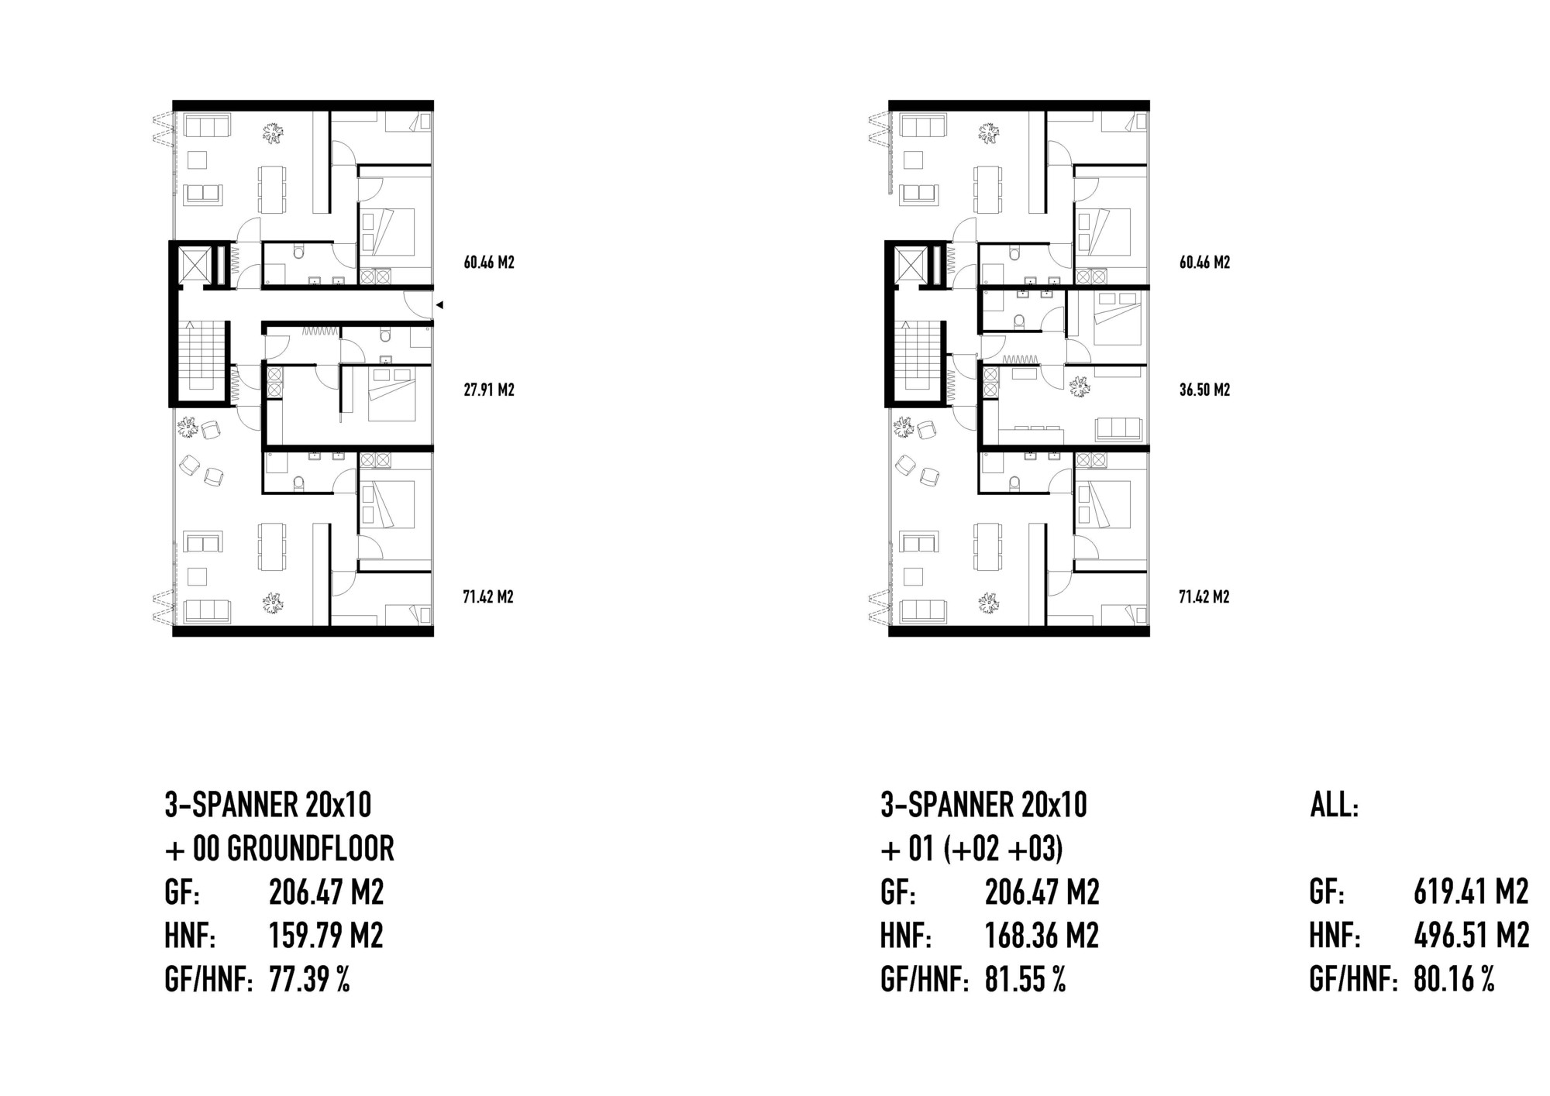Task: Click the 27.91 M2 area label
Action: pyautogui.click(x=489, y=390)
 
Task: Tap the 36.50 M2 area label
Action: pyautogui.click(x=1205, y=390)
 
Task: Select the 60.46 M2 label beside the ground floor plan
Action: pyautogui.click(x=489, y=263)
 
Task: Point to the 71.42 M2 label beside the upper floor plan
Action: pyautogui.click(x=1205, y=597)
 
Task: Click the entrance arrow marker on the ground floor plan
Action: pyautogui.click(x=439, y=305)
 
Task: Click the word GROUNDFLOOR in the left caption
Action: pyautogui.click(x=310, y=849)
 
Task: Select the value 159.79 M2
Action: pyautogui.click(x=326, y=936)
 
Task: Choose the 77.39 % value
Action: pyautogui.click(x=309, y=980)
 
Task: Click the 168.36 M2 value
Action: pyautogui.click(x=1042, y=936)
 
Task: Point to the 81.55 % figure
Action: pyautogui.click(x=1025, y=980)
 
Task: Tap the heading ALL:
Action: pyautogui.click(x=1335, y=806)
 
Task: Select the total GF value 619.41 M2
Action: pyautogui.click(x=1471, y=892)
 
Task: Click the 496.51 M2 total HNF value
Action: pyautogui.click(x=1471, y=936)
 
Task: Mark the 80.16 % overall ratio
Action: pyautogui.click(x=1454, y=980)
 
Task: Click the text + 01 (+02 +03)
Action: pyautogui.click(x=972, y=849)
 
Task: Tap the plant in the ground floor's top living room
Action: pyautogui.click(x=273, y=134)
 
